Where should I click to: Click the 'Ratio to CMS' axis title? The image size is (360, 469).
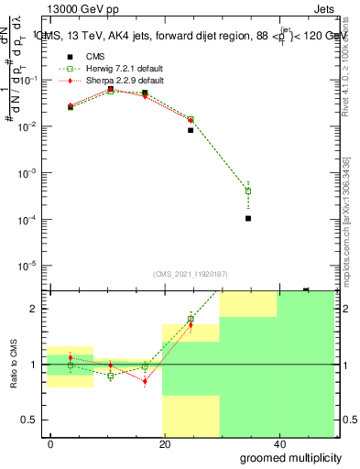coord(13,365)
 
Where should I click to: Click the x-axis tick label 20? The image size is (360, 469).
coord(164,443)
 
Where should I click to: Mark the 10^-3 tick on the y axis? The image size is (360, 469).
coord(30,173)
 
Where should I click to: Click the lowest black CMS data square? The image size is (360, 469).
coord(248,218)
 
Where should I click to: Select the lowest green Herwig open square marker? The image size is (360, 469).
coord(248,191)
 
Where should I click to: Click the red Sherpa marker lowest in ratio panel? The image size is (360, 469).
coord(145,381)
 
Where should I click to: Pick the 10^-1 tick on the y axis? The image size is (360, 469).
coord(30,81)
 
